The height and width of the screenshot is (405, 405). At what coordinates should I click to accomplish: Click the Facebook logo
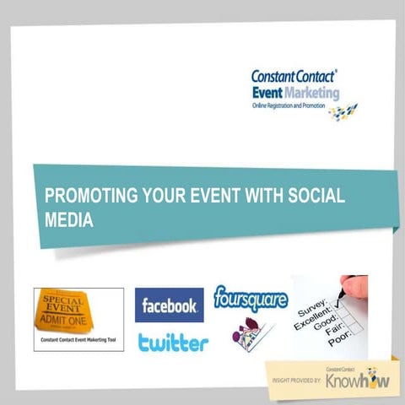pos(169,305)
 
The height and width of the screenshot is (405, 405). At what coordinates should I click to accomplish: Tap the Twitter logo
pos(173,343)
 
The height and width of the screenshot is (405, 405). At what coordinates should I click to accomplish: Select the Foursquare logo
pos(250,298)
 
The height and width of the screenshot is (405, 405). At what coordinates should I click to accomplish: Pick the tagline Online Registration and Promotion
pos(296,107)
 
